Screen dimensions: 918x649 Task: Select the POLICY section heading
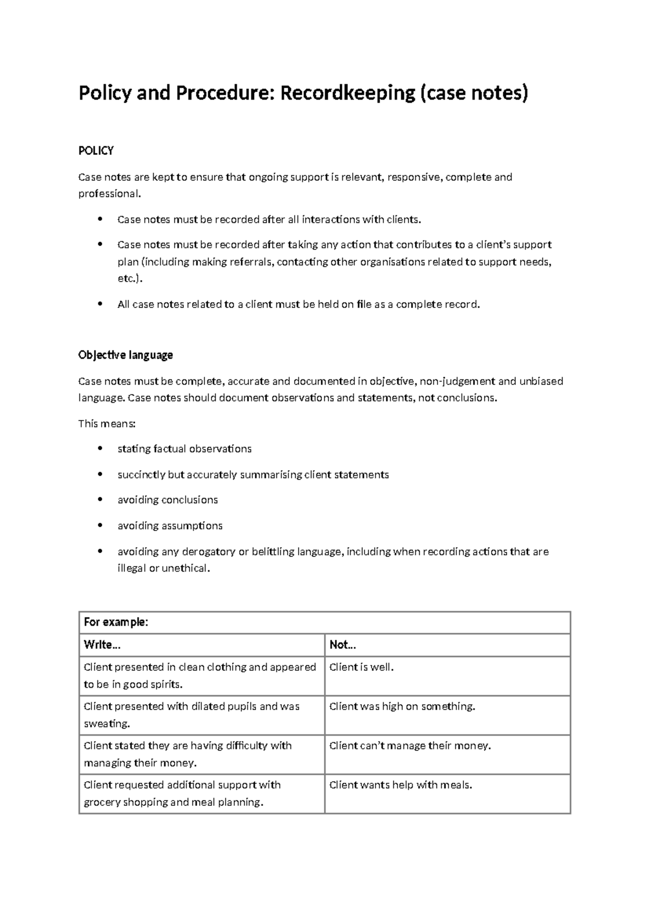click(96, 151)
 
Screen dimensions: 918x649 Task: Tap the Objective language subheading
click(125, 355)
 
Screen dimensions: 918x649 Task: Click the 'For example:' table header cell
click(116, 622)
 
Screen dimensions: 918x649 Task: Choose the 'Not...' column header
click(342, 645)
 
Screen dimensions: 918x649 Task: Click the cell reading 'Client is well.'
click(361, 667)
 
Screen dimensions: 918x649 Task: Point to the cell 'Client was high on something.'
click(402, 706)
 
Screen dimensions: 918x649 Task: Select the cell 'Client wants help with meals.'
click(400, 785)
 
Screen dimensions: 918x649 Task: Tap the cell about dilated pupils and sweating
click(191, 714)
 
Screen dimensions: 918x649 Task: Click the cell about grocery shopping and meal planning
click(182, 794)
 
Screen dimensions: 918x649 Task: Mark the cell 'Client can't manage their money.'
click(410, 746)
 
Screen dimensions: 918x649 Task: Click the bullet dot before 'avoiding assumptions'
click(100, 526)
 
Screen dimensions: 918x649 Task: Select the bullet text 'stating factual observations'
click(184, 449)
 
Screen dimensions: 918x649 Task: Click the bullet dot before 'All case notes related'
click(100, 304)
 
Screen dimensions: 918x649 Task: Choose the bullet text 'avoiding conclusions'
click(168, 500)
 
